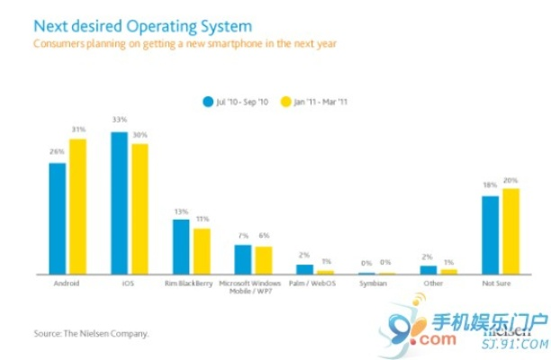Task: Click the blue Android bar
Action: pyautogui.click(x=58, y=218)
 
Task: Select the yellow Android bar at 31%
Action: pyautogui.click(x=77, y=206)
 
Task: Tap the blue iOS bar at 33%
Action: pyautogui.click(x=119, y=202)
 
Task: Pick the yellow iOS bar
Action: pyautogui.click(x=140, y=209)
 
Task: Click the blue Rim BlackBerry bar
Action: pyautogui.click(x=181, y=247)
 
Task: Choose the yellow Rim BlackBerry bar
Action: pyautogui.click(x=201, y=251)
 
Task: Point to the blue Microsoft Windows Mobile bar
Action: pyautogui.click(x=242, y=259)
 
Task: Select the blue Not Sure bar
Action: pyautogui.click(x=490, y=235)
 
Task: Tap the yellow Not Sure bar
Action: pyautogui.click(x=510, y=231)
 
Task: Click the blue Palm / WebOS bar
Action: pyautogui.click(x=304, y=269)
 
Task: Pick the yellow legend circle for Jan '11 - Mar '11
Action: pyautogui.click(x=287, y=101)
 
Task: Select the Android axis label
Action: pyautogui.click(x=68, y=283)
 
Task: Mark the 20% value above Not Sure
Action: pyautogui.click(x=510, y=181)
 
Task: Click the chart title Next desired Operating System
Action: pyautogui.click(x=142, y=27)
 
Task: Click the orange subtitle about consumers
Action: pyautogui.click(x=185, y=43)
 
